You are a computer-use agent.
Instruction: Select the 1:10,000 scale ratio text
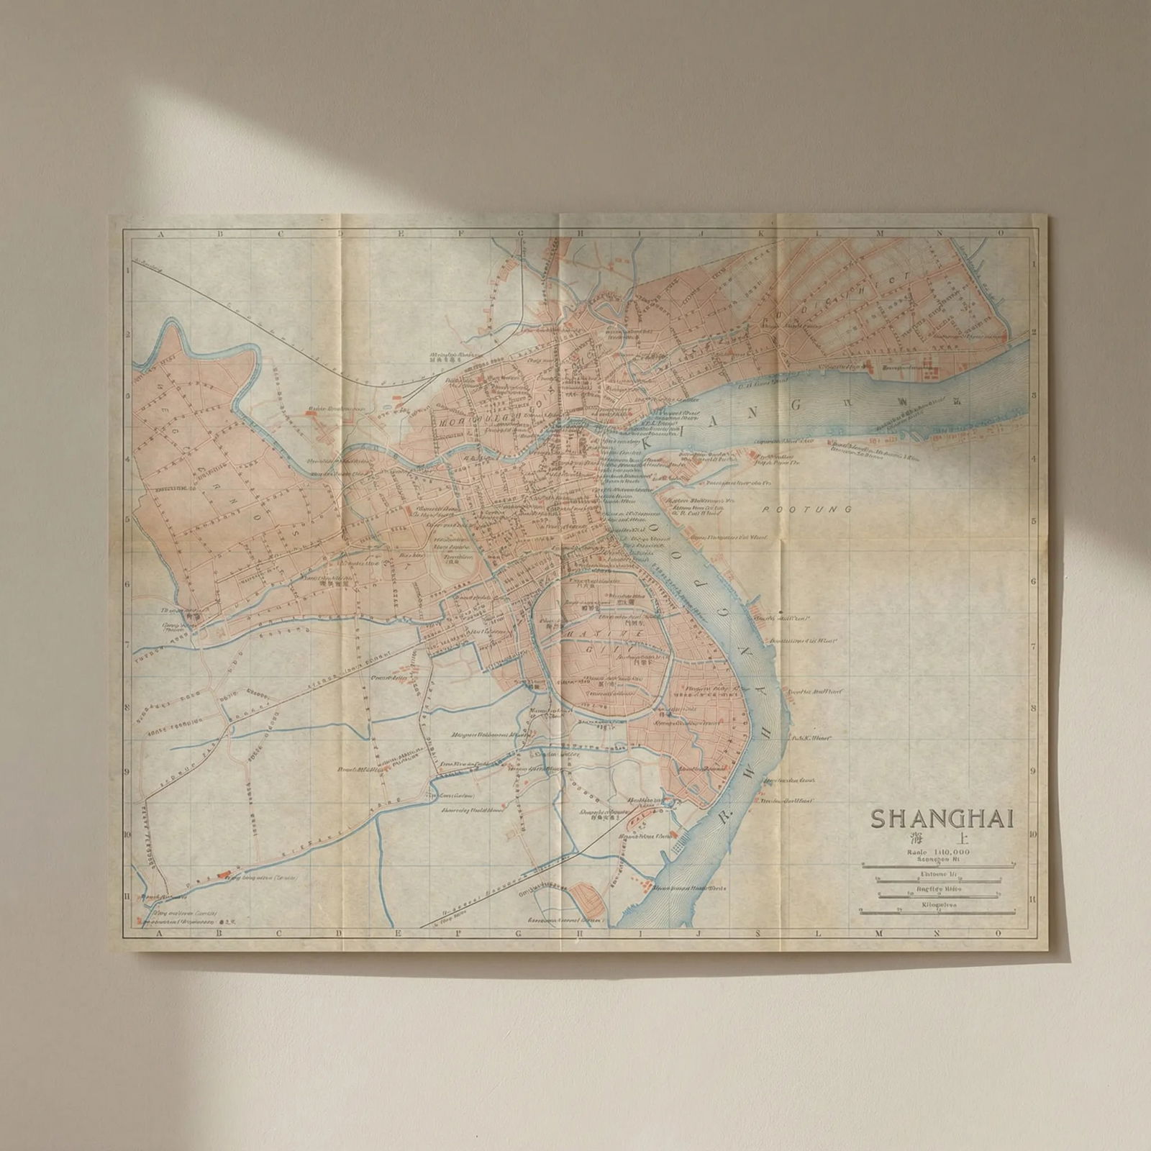click(x=943, y=852)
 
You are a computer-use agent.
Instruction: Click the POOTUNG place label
click(x=806, y=509)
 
